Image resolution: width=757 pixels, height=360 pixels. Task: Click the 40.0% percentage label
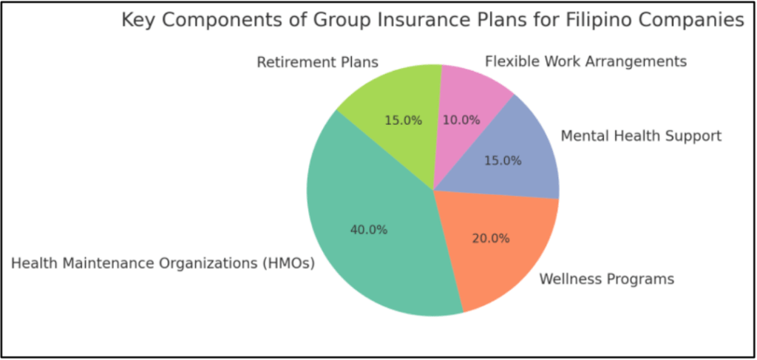point(368,230)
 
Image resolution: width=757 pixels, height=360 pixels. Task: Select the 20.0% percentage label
point(491,238)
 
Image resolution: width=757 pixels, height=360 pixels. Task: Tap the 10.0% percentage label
point(461,120)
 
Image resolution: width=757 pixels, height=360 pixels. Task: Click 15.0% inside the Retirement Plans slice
point(403,120)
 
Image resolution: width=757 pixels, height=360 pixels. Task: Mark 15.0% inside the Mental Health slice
point(503,160)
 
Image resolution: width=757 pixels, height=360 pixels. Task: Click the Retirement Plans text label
point(317,62)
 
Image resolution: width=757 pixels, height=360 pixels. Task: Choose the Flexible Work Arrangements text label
point(585,61)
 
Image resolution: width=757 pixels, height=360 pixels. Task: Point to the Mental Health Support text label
point(641,136)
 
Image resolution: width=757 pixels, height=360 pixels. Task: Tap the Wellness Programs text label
point(606,279)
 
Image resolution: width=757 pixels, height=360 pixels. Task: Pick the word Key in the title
point(137,21)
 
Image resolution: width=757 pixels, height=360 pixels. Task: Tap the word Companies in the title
point(698,21)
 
